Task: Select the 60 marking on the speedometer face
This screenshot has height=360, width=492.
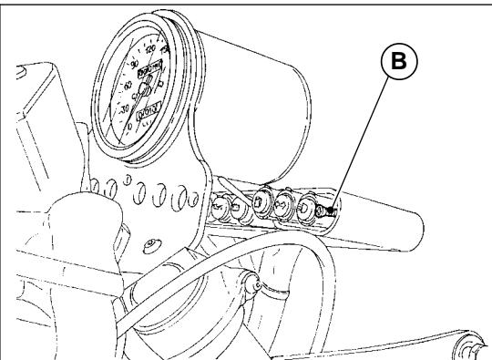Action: (x=127, y=89)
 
